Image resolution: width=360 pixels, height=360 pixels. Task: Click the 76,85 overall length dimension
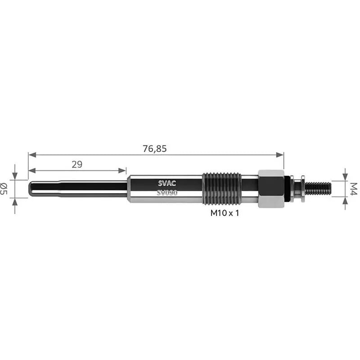[154, 148]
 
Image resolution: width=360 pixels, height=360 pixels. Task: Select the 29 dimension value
[77, 164]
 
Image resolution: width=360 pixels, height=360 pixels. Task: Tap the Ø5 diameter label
[4, 189]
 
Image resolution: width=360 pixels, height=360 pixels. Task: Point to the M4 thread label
[354, 189]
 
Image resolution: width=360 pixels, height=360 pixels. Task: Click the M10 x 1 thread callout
[225, 213]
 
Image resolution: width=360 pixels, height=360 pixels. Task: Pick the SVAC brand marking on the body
[167, 183]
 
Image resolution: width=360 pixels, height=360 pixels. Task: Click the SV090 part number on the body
[167, 193]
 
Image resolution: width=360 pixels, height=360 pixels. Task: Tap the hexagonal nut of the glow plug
[271, 189]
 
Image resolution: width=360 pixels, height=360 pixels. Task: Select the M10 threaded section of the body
[222, 189]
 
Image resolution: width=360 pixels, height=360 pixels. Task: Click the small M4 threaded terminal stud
[318, 189]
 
